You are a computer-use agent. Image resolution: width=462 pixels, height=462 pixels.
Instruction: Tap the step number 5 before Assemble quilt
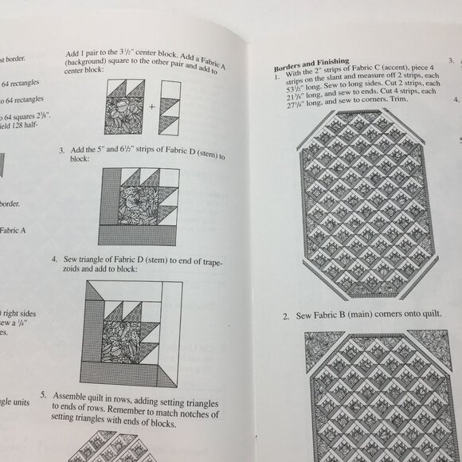click(46, 393)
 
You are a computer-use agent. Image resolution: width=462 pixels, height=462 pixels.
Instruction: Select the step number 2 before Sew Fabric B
click(285, 316)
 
